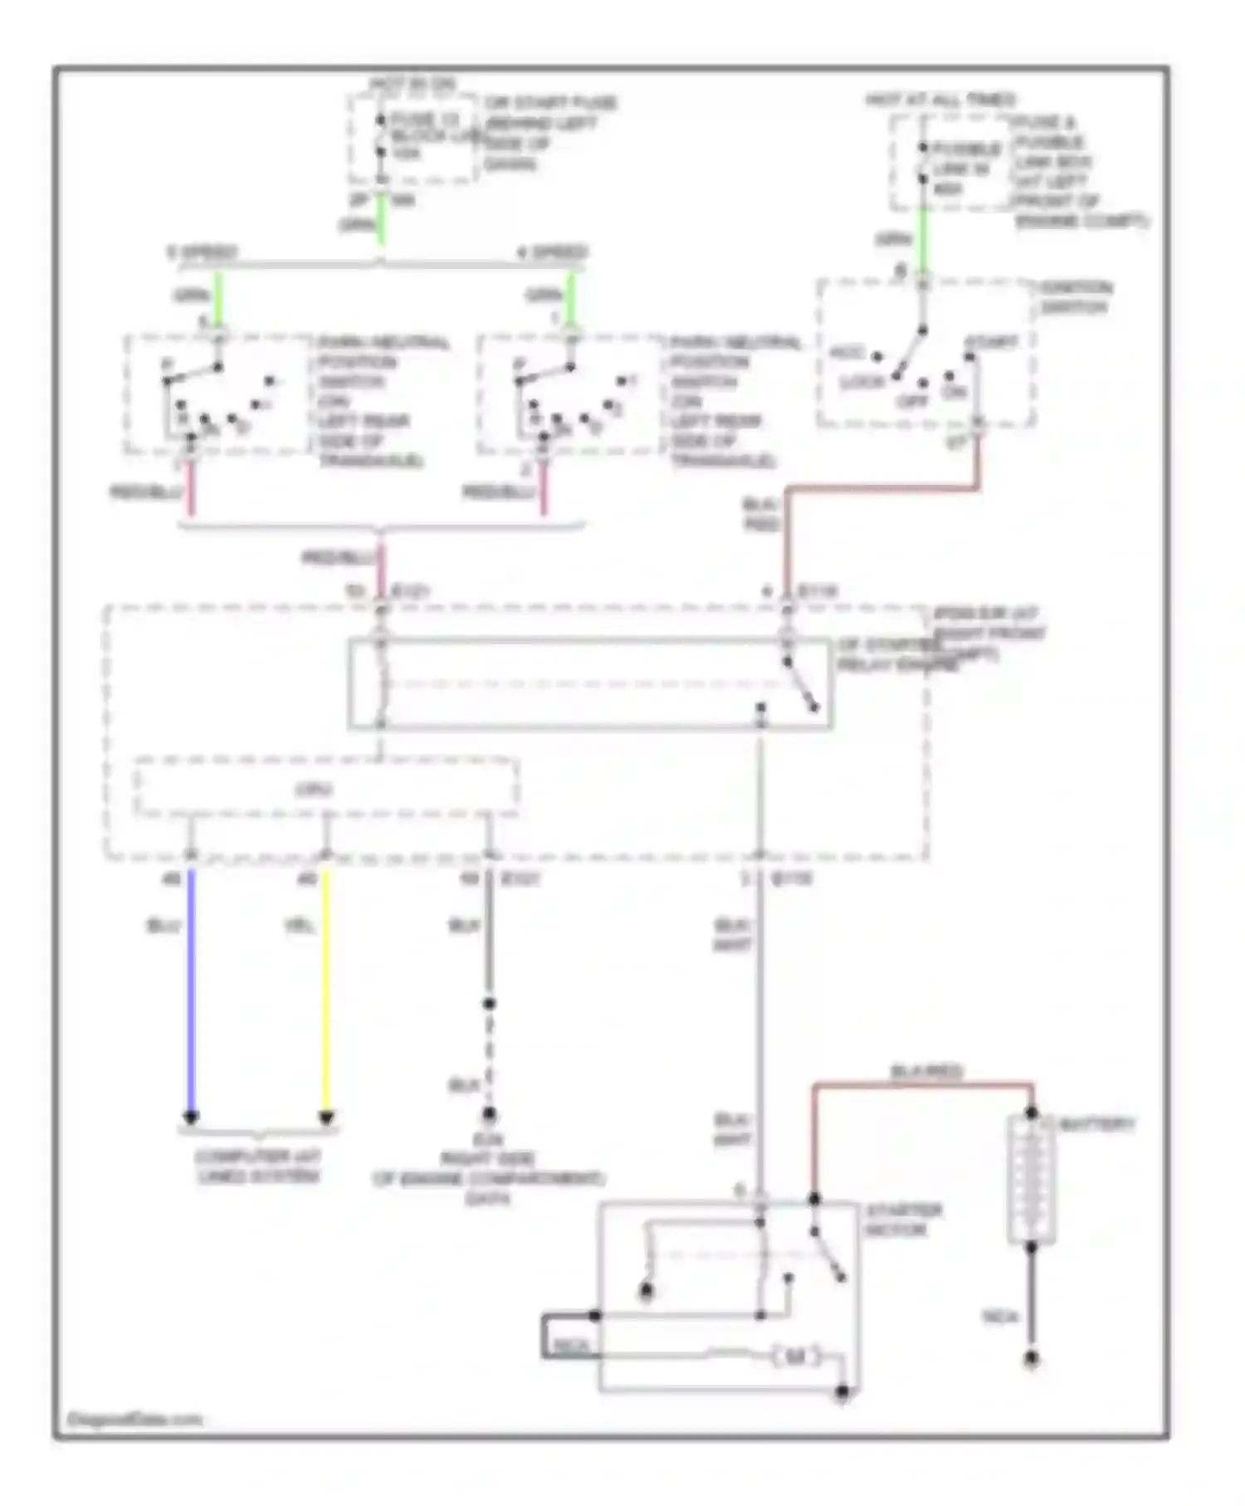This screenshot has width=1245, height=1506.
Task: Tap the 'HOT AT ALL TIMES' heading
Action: tap(940, 100)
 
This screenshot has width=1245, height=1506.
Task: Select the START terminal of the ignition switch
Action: tap(969, 357)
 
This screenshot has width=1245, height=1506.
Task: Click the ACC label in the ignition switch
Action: tap(847, 353)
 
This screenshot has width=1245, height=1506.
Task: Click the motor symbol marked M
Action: tap(795, 1357)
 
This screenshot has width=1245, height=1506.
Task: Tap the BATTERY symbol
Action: tap(1032, 1179)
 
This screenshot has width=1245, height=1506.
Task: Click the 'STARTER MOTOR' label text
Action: tap(902, 1220)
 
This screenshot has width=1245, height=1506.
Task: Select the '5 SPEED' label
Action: tap(203, 252)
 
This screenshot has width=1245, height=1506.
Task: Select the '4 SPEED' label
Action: tap(553, 252)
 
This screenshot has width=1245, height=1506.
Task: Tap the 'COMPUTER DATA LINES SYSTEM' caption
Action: tap(258, 1166)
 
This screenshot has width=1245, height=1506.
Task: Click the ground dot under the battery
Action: tap(1031, 1359)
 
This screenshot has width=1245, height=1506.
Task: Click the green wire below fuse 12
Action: tap(381, 220)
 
